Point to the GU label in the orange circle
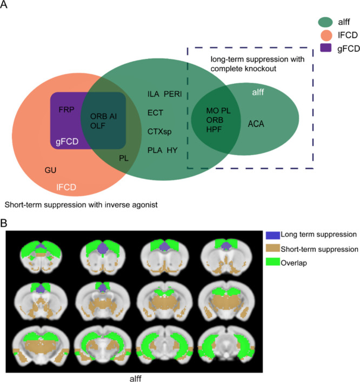51,170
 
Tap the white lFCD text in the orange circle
68,187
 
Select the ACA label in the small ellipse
256,124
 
